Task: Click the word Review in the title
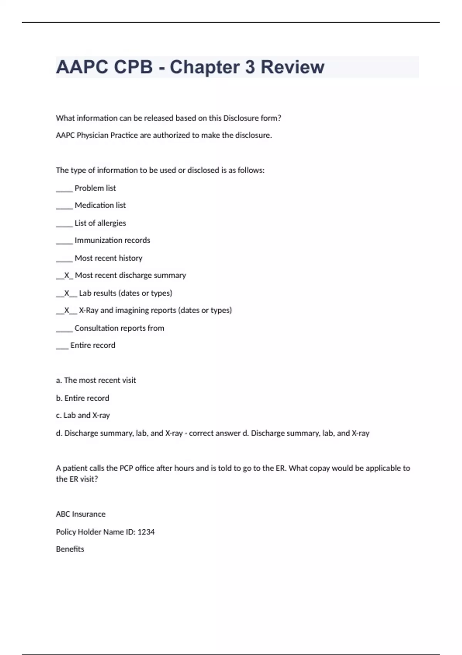[x=293, y=67]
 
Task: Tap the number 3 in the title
[x=250, y=67]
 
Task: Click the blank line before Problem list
[x=64, y=189]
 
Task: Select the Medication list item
[x=100, y=205]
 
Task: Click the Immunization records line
[x=112, y=240]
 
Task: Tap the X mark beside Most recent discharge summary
[x=67, y=275]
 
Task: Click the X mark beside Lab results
[x=67, y=293]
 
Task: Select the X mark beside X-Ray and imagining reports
[x=67, y=311]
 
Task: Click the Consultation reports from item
[x=119, y=328]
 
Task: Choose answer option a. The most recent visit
[x=96, y=380]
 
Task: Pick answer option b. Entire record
[x=82, y=398]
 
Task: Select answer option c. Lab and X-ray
[x=83, y=415]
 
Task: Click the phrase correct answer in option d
[x=214, y=433]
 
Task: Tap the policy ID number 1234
[x=146, y=532]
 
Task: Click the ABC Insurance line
[x=80, y=514]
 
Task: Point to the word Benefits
[x=70, y=549]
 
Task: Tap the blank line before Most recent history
[x=64, y=259]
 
